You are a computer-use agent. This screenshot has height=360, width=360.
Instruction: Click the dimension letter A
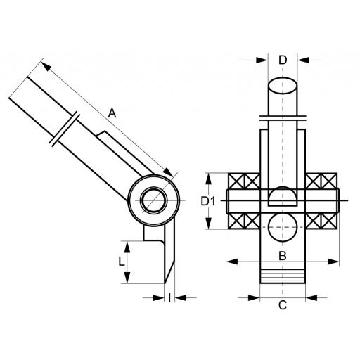click(x=112, y=113)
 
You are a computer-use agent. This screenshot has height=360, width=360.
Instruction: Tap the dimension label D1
click(x=208, y=201)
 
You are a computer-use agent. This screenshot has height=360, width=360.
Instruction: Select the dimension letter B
click(x=283, y=256)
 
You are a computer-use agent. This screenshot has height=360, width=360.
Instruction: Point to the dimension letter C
click(x=283, y=305)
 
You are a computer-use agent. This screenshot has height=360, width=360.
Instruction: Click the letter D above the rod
click(x=283, y=60)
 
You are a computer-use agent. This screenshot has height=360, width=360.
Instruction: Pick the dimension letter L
click(x=121, y=262)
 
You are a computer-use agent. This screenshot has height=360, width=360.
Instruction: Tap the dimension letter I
click(x=169, y=297)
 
